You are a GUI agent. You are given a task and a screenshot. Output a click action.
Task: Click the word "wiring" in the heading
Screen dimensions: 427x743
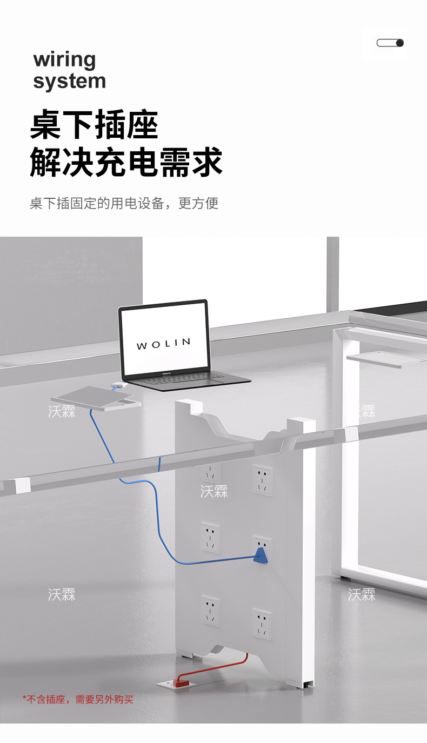[64, 60]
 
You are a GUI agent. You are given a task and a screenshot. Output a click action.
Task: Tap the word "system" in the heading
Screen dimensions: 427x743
[69, 82]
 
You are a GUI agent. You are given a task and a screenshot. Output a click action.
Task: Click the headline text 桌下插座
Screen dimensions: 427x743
[94, 125]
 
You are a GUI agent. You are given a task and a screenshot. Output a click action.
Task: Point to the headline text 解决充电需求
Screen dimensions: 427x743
[126, 162]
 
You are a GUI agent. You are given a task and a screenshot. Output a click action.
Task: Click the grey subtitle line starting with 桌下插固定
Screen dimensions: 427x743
[124, 204]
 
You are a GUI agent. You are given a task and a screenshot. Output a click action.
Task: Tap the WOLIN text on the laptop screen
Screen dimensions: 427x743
[163, 344]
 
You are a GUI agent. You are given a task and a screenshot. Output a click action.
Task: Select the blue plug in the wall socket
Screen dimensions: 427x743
[262, 555]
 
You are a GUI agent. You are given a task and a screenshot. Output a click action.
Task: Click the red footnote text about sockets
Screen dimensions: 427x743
[78, 699]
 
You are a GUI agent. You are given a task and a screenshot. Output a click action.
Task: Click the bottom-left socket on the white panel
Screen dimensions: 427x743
[210, 611]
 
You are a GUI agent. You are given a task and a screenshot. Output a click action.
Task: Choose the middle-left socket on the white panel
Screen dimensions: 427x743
[210, 537]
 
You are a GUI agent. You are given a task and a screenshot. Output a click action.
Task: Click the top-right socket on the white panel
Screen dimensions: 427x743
[262, 480]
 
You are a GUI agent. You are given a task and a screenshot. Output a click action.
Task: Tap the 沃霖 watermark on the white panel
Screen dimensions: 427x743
[214, 491]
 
